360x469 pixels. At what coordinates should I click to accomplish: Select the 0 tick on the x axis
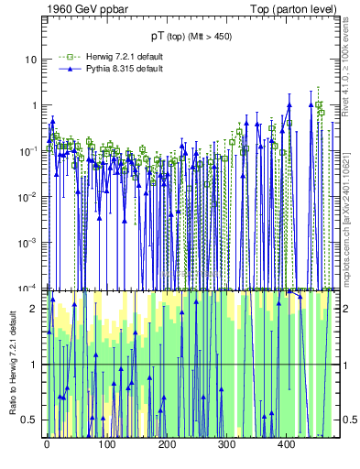[46, 444]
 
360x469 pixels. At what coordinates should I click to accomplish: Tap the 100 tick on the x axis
[106, 444]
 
